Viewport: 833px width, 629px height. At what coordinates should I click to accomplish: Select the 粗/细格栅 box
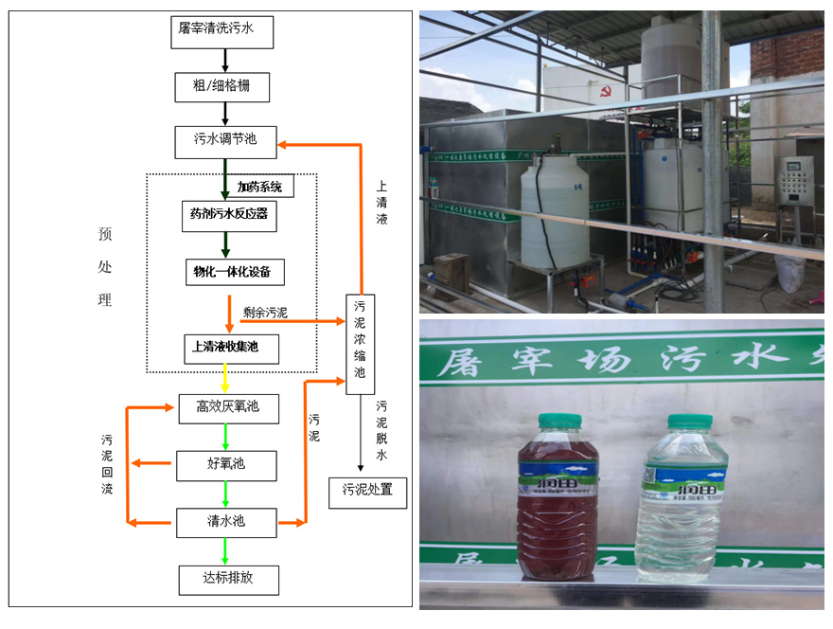pos(224,87)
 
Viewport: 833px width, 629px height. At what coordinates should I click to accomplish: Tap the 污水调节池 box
pos(224,141)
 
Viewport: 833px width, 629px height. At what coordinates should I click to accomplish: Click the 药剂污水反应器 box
pos(228,215)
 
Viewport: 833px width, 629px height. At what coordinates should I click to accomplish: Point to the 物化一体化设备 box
pos(233,272)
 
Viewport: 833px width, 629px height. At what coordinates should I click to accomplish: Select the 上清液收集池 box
pos(233,348)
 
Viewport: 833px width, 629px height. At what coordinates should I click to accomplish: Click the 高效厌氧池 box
pos(228,408)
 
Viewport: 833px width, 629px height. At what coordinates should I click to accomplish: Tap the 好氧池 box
pos(226,465)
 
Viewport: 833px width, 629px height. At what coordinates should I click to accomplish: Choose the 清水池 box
pos(226,522)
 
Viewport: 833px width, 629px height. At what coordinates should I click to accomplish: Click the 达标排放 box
pos(228,579)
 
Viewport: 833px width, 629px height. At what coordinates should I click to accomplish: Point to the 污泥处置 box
pos(367,492)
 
